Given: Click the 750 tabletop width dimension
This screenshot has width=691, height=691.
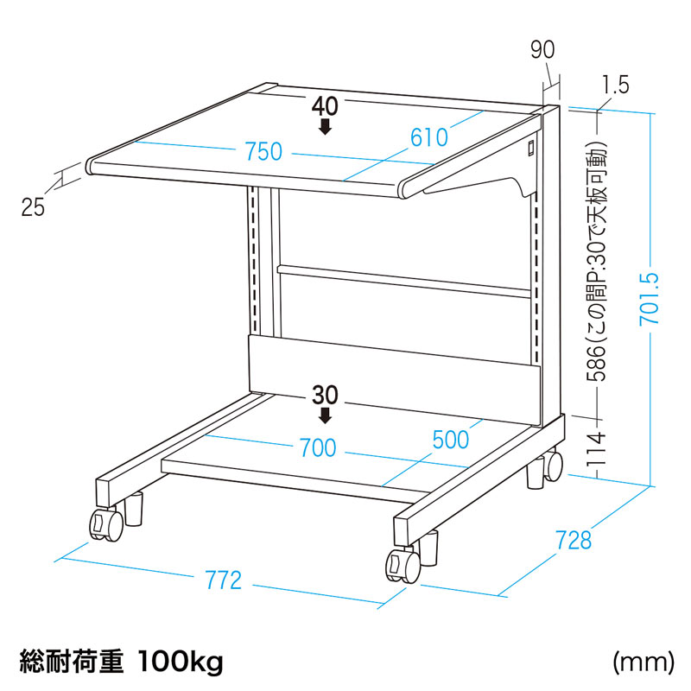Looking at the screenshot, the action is (263, 151).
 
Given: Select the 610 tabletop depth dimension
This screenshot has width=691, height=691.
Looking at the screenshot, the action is (429, 137).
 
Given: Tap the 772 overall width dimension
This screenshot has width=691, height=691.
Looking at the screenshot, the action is (224, 580).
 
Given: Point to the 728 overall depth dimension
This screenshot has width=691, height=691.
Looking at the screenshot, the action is (574, 541).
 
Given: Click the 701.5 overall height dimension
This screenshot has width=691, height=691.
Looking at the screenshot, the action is (650, 298).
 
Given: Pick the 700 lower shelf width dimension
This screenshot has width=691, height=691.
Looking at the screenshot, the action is (318, 447).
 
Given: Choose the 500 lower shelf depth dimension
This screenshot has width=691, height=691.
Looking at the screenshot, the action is (451, 440).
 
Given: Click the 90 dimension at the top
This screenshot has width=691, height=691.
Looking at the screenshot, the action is (542, 49).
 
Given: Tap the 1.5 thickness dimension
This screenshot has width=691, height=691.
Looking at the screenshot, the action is (616, 85).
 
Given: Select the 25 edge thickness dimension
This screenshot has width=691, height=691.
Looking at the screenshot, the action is (33, 206).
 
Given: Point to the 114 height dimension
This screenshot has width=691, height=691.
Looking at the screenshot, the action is (597, 449).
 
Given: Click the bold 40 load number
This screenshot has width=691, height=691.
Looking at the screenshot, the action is (326, 106).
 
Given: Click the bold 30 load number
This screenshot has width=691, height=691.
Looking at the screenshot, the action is (326, 396).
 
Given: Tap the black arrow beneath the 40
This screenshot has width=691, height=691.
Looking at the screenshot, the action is (326, 126).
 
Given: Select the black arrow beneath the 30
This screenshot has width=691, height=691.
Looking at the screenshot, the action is (326, 415).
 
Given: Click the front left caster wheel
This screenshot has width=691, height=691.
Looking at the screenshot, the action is (106, 523).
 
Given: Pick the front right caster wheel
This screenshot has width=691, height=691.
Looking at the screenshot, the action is (403, 566).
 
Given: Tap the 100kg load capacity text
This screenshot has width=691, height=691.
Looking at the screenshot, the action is (181, 662).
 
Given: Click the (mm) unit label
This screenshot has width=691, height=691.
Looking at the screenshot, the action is (643, 662).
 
